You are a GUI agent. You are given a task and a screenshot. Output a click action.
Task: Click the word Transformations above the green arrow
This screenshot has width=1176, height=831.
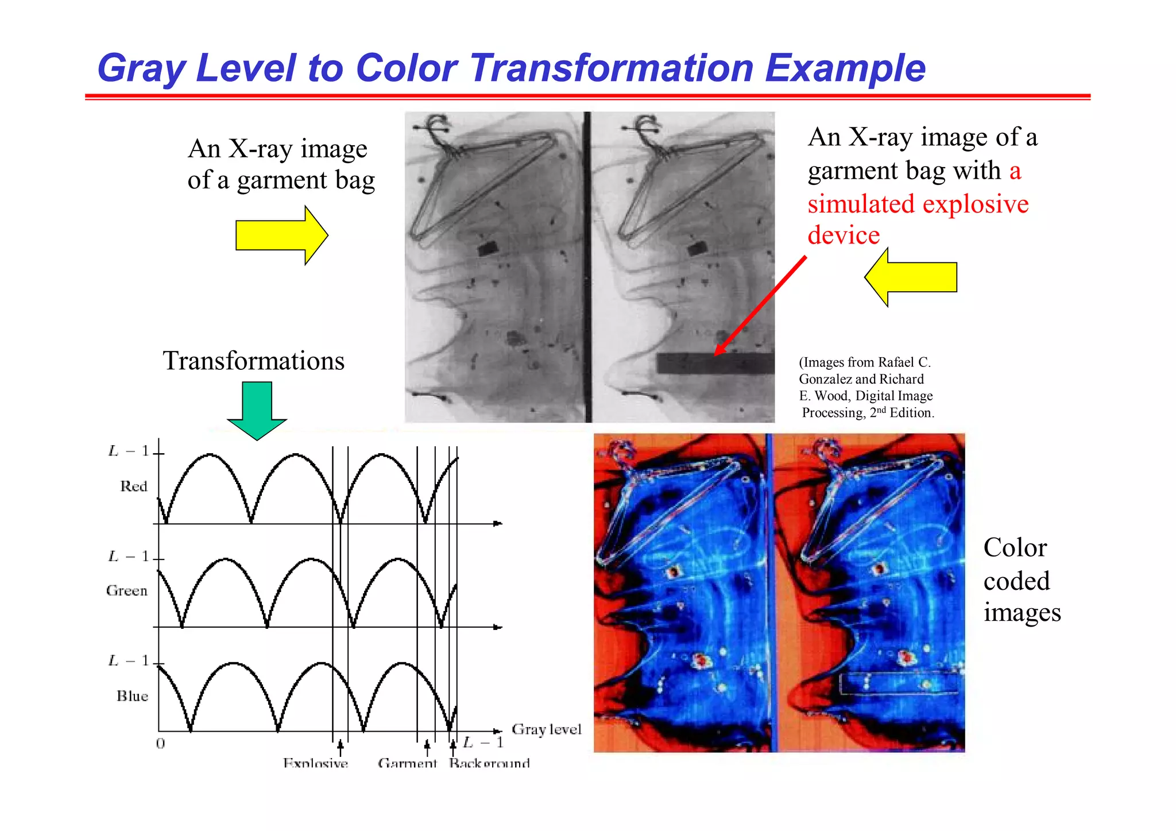pos(253,361)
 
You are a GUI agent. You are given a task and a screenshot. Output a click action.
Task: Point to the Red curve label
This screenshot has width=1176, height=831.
pos(134,486)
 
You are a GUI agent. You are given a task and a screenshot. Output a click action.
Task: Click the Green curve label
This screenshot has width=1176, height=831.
pos(127,591)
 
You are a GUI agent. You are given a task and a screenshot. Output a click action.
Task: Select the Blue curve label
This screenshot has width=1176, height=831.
pos(132,696)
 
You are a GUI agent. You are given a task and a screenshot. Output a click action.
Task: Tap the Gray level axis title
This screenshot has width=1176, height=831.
pos(546,729)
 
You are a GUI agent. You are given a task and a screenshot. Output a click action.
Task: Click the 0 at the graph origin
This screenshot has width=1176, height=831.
pos(161,744)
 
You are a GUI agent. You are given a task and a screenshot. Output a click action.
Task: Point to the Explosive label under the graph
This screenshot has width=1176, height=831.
pos(315,763)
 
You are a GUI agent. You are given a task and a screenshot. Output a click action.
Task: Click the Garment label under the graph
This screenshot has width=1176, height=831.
pos(407,763)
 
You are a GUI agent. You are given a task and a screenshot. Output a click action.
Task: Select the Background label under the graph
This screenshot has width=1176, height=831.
pos(489,763)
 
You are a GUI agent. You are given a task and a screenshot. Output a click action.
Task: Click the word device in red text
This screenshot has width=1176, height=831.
pos(844,235)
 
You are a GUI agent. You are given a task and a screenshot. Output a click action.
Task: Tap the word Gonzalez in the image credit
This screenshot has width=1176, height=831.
pos(825,379)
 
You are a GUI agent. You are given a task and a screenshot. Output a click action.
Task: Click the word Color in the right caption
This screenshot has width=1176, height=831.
pos(1015,548)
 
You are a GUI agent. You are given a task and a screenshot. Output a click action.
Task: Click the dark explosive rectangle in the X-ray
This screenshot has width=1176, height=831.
pos(715,364)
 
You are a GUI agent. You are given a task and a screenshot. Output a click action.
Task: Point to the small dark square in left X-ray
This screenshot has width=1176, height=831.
pos(488,249)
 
